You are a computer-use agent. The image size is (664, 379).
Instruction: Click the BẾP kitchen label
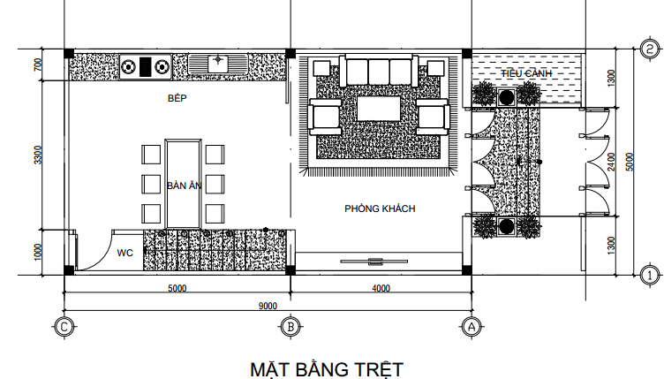click(x=179, y=98)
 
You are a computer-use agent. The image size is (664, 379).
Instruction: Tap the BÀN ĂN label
click(x=185, y=186)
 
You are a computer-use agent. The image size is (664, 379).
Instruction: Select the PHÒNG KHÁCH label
click(x=380, y=208)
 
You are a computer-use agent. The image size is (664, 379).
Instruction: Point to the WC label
click(x=125, y=253)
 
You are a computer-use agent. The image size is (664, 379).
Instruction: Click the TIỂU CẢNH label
click(x=526, y=72)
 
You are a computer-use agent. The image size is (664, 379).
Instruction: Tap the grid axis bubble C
click(x=64, y=326)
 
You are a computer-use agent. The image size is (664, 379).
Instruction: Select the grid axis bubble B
click(x=290, y=326)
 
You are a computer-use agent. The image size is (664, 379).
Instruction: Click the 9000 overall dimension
click(x=268, y=306)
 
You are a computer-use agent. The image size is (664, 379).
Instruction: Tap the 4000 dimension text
click(x=381, y=288)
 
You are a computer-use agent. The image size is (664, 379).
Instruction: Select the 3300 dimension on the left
click(x=37, y=155)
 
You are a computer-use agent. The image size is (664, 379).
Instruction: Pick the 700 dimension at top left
click(x=37, y=65)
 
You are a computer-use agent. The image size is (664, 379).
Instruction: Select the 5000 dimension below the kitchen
click(x=177, y=288)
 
